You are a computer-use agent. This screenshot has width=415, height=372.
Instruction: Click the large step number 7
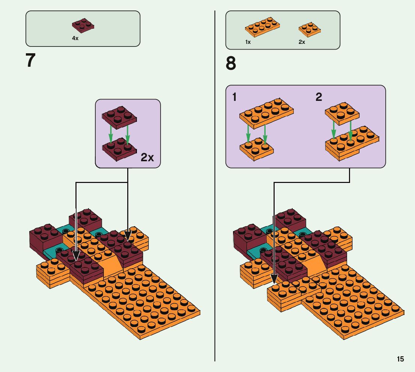click(31, 60)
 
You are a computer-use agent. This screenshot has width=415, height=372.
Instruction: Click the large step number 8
click(231, 63)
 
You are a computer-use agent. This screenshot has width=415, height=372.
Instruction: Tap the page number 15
click(400, 359)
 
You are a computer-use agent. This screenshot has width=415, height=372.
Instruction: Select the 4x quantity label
click(75, 38)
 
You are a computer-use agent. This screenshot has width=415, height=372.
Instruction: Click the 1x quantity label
click(248, 42)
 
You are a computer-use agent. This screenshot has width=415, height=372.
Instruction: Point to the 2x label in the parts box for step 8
click(302, 42)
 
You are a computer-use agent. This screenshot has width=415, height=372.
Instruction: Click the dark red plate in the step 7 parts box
click(83, 25)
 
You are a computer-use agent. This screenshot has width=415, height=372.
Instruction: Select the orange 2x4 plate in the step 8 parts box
click(262, 27)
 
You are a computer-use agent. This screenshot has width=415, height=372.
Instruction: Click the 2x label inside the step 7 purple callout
click(147, 157)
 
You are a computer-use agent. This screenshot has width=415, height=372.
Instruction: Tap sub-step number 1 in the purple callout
click(234, 97)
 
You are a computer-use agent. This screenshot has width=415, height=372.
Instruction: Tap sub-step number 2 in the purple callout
click(319, 97)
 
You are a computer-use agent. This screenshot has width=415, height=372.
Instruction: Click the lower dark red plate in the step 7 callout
click(120, 149)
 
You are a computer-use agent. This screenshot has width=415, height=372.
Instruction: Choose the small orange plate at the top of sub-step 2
click(342, 112)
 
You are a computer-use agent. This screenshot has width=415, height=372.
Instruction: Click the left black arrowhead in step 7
click(76, 256)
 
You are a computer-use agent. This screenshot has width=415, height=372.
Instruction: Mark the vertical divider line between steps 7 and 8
click(215, 187)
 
